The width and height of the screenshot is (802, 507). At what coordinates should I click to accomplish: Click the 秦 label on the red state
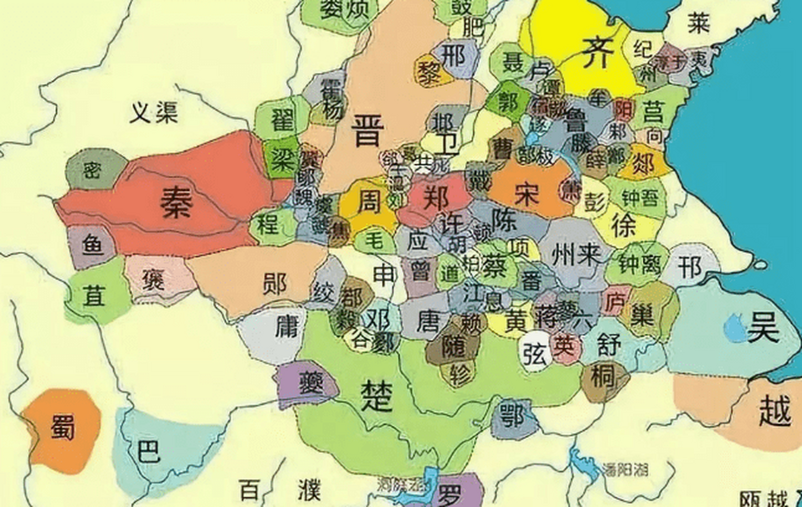[x=176, y=202]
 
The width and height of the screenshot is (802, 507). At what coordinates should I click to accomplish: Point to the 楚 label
[x=376, y=396]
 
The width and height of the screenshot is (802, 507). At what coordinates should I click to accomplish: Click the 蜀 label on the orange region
[x=63, y=427]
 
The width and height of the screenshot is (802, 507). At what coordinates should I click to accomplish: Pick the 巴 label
[x=148, y=451]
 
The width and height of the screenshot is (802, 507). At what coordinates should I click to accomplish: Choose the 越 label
[x=775, y=410]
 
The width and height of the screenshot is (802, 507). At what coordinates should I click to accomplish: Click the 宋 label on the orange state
[x=527, y=194]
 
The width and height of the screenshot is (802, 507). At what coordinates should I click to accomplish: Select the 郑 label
[x=436, y=198]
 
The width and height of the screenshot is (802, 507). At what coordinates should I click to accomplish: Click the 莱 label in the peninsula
[x=699, y=23]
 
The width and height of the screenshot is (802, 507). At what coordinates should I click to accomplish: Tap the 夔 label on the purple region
[x=311, y=383]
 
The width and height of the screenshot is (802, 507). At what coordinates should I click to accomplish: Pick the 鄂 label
[x=512, y=415]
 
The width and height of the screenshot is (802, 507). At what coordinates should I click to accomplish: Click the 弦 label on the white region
[x=535, y=354]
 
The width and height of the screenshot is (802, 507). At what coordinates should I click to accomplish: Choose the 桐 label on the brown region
[x=603, y=376]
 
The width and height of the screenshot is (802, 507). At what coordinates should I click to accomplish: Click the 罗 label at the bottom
[x=449, y=495]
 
